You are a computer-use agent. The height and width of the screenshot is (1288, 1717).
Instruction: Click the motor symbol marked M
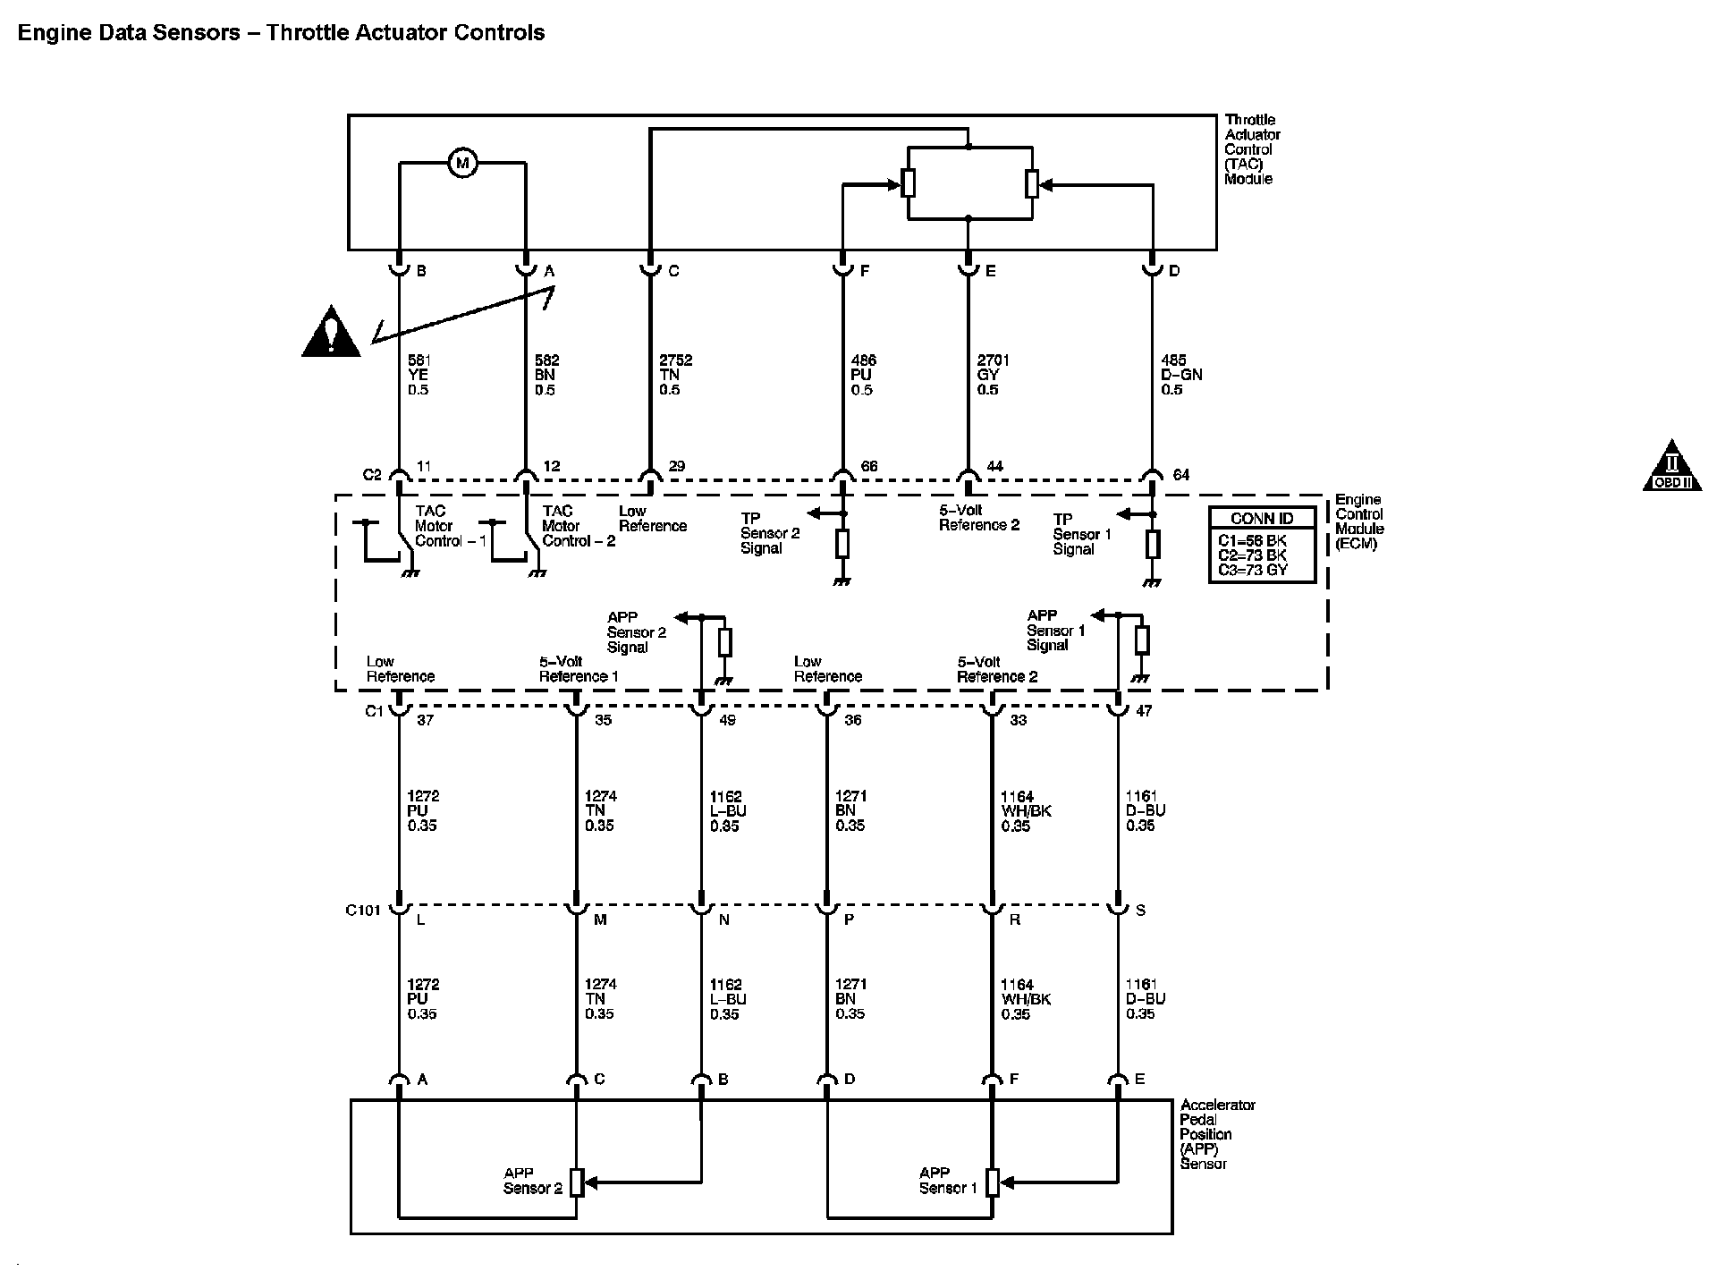(x=462, y=164)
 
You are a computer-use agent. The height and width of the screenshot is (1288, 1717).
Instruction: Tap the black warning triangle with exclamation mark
(x=331, y=332)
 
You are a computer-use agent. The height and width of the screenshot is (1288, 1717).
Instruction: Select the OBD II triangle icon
(x=1670, y=467)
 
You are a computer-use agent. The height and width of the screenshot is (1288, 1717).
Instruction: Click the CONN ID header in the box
(x=1261, y=519)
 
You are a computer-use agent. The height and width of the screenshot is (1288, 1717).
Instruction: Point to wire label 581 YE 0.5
(x=419, y=375)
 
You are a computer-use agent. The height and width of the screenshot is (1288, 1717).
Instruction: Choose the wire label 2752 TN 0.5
(x=675, y=375)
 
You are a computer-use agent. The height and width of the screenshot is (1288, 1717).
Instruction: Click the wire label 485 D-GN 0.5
(x=1180, y=375)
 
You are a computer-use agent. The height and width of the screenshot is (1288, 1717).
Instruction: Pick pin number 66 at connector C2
(x=868, y=466)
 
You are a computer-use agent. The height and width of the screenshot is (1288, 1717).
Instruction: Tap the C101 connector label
(x=363, y=911)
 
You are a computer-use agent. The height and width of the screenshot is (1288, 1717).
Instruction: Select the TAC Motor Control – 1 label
(x=450, y=527)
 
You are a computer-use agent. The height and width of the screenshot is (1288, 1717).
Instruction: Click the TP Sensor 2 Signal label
(x=769, y=533)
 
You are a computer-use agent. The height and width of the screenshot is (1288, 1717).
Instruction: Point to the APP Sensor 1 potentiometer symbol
(x=992, y=1182)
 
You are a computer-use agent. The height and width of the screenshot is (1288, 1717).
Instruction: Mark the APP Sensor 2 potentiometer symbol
(x=577, y=1182)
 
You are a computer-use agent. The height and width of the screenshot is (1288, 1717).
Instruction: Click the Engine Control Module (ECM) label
(x=1358, y=521)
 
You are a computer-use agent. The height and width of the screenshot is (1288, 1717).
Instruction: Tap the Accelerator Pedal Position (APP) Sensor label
(x=1217, y=1134)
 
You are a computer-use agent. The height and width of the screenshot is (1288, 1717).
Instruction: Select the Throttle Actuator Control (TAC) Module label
(x=1251, y=149)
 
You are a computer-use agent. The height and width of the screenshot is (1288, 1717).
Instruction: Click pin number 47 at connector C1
(x=1143, y=711)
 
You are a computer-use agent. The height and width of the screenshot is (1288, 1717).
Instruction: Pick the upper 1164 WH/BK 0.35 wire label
(x=1026, y=811)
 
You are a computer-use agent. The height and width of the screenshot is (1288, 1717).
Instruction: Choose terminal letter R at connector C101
(x=1014, y=919)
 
